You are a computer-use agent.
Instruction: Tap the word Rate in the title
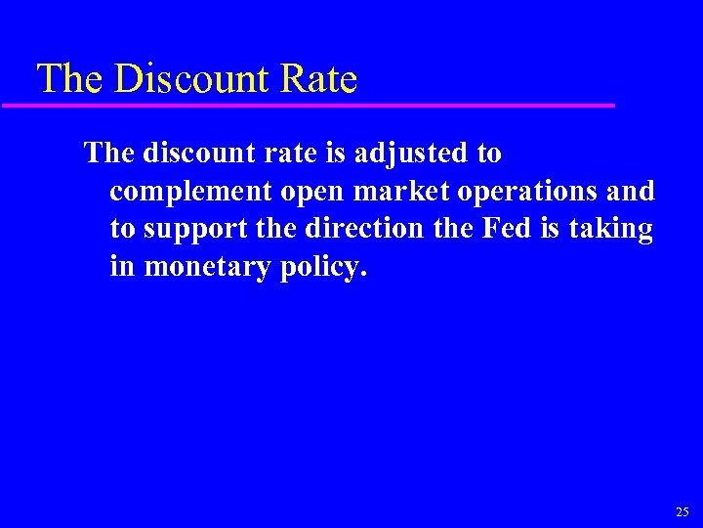coord(319,79)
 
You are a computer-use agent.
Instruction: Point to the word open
coord(312,193)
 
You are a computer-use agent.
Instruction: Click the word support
coord(198,230)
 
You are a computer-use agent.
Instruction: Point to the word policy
coord(324,267)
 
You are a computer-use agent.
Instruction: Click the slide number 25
coord(682,511)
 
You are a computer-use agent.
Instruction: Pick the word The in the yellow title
coord(68,79)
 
